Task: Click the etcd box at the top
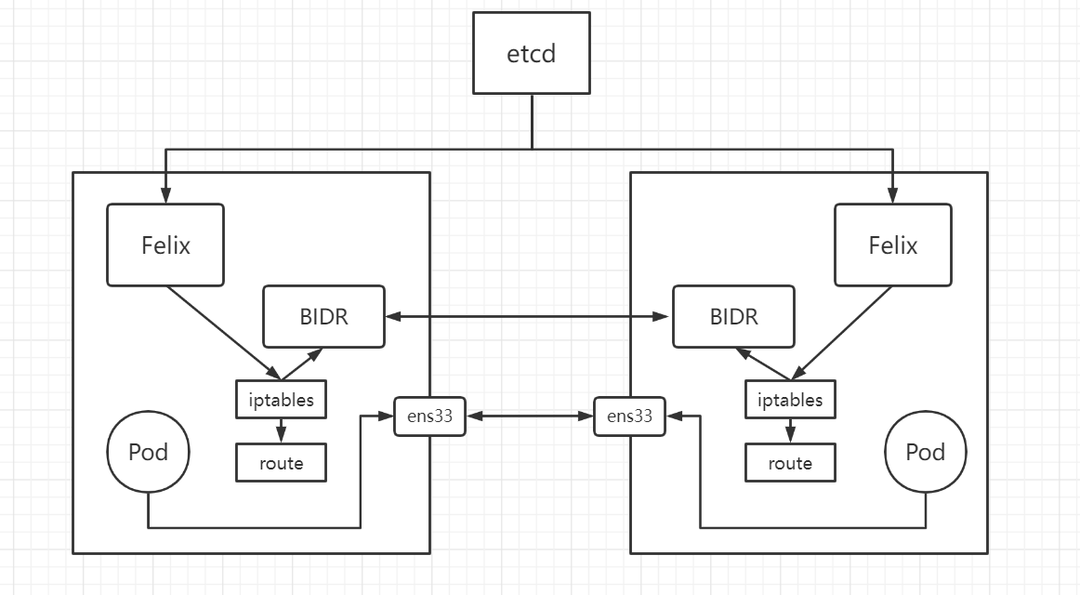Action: click(x=532, y=53)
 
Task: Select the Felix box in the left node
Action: click(x=165, y=245)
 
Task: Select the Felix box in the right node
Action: click(x=892, y=245)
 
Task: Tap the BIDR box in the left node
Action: click(x=323, y=317)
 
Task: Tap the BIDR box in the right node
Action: click(x=733, y=317)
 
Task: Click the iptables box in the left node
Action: click(x=281, y=400)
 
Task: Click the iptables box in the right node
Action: click(x=790, y=400)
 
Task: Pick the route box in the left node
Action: click(x=281, y=463)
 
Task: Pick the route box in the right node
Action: click(x=790, y=463)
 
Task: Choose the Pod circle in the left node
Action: click(x=148, y=453)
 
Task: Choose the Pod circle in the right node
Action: click(x=925, y=453)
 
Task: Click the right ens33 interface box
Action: click(x=629, y=416)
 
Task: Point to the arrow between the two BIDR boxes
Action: click(x=528, y=318)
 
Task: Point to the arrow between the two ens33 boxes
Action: click(x=530, y=416)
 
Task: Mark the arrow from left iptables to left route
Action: click(x=281, y=431)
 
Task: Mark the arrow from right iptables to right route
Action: click(x=790, y=431)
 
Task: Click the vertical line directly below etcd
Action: click(x=532, y=121)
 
